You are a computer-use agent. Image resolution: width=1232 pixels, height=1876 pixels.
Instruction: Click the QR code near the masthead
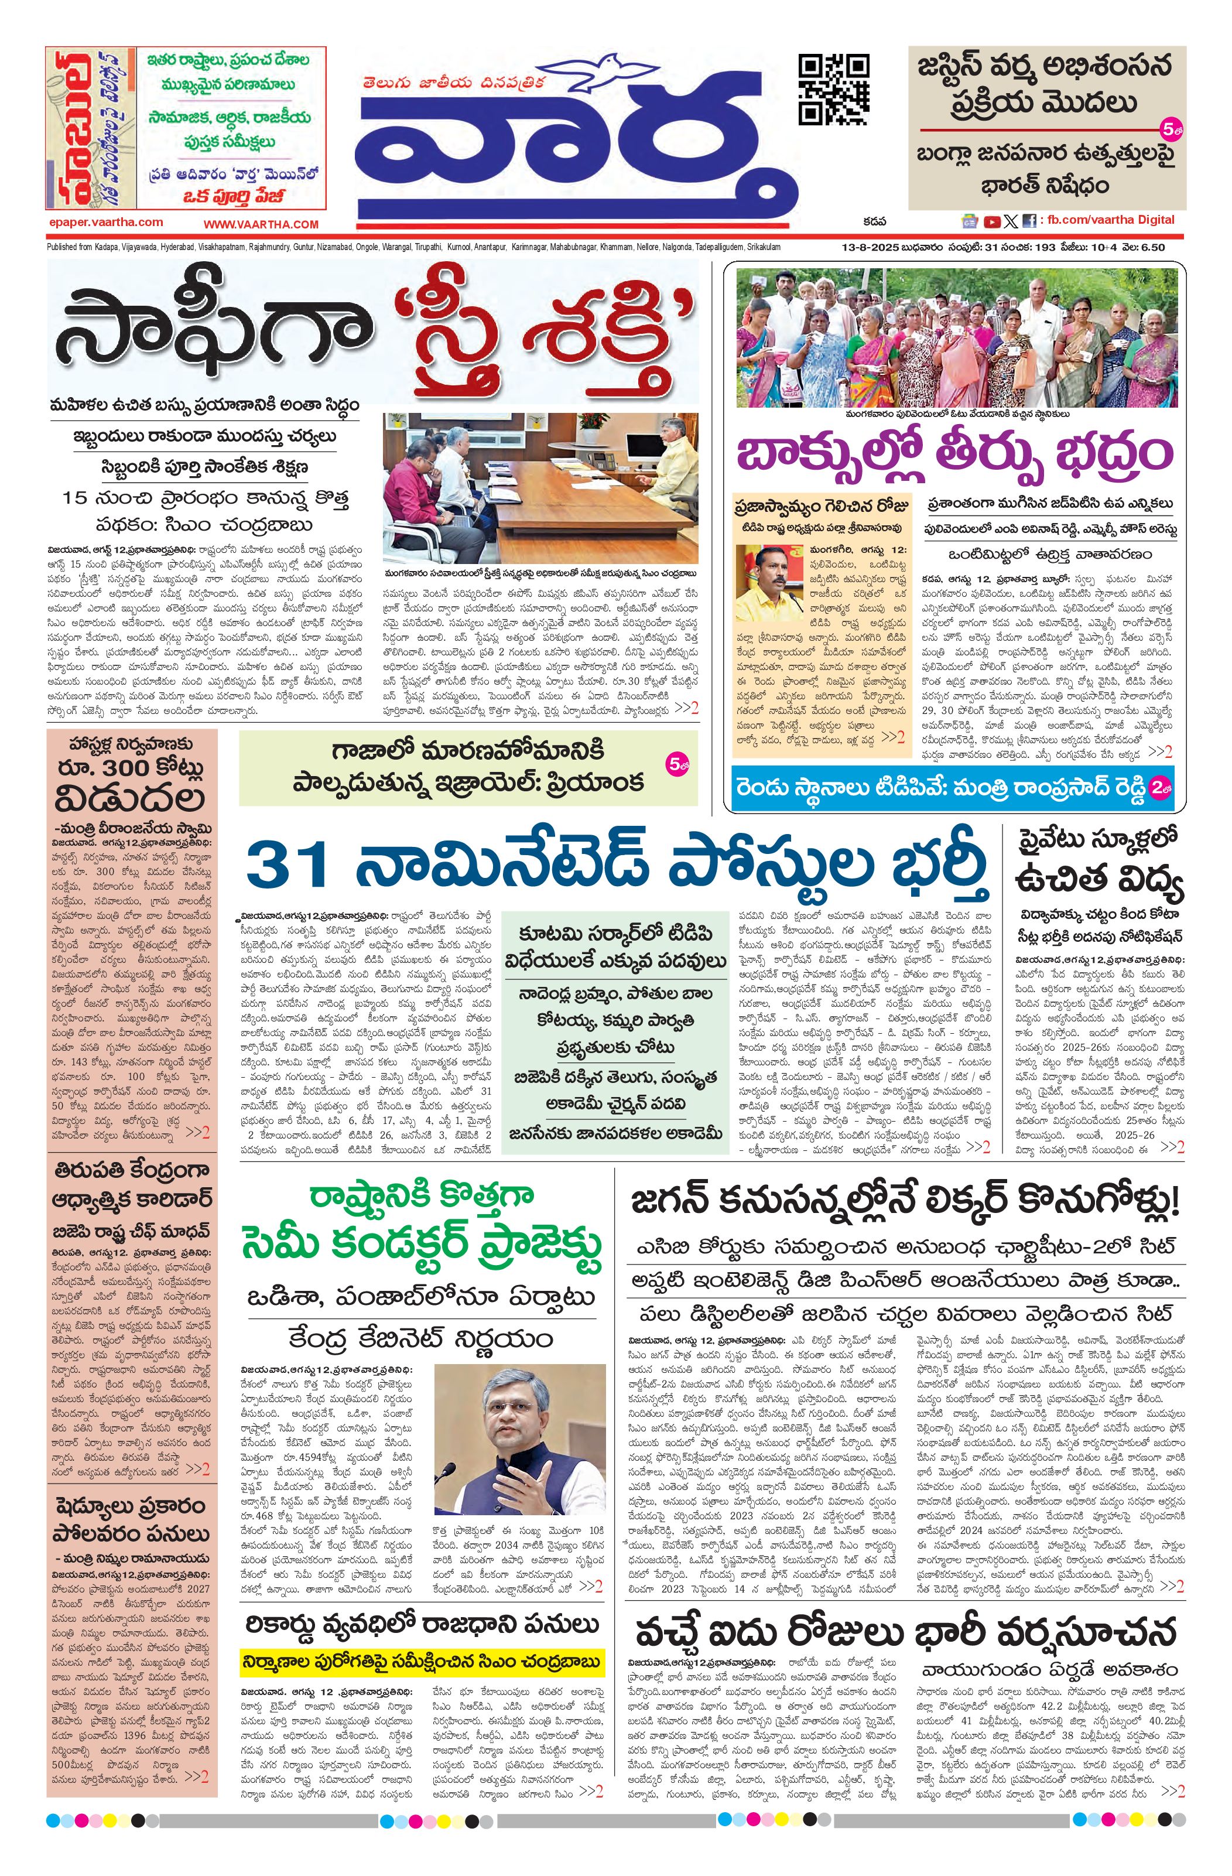(x=834, y=89)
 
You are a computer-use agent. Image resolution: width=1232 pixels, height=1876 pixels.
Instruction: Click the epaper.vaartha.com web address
(x=105, y=223)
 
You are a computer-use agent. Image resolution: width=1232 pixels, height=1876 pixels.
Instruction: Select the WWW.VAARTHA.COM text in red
(x=261, y=224)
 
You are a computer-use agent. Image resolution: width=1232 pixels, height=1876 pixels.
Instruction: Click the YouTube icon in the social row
(x=993, y=223)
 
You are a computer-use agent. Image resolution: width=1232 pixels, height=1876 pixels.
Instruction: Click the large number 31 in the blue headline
(x=287, y=866)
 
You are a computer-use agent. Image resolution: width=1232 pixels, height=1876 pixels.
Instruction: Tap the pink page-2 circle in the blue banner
(x=1157, y=786)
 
